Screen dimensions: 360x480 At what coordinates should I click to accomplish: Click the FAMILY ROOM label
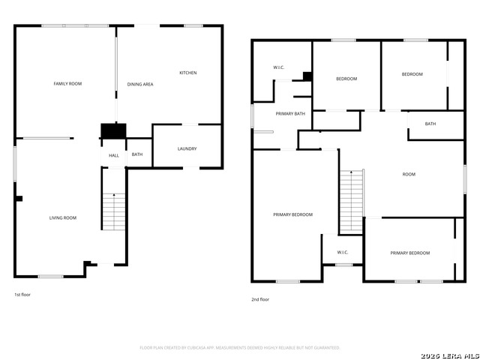67,83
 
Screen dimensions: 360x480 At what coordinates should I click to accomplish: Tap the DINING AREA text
140,84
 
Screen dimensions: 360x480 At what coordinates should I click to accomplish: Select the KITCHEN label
187,73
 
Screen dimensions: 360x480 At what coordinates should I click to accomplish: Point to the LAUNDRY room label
187,148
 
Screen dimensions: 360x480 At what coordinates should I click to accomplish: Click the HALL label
114,155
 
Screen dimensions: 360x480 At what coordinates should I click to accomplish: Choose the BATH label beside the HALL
137,154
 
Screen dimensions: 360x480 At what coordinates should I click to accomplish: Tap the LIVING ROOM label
63,217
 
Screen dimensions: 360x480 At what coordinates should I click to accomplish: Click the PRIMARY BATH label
290,113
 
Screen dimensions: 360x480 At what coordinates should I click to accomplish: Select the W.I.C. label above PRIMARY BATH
278,68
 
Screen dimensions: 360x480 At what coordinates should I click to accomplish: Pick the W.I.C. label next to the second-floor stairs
343,252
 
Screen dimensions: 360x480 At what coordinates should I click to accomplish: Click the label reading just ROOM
409,174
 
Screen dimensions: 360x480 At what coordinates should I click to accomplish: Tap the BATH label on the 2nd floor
430,124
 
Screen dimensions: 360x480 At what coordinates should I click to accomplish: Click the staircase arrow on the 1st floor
114,196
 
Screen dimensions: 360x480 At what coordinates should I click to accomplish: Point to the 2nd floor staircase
351,201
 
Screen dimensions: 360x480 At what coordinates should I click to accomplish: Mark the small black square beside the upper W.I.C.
307,76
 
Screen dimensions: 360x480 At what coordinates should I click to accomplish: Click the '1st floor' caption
22,295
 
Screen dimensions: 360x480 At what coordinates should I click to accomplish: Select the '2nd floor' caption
260,299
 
